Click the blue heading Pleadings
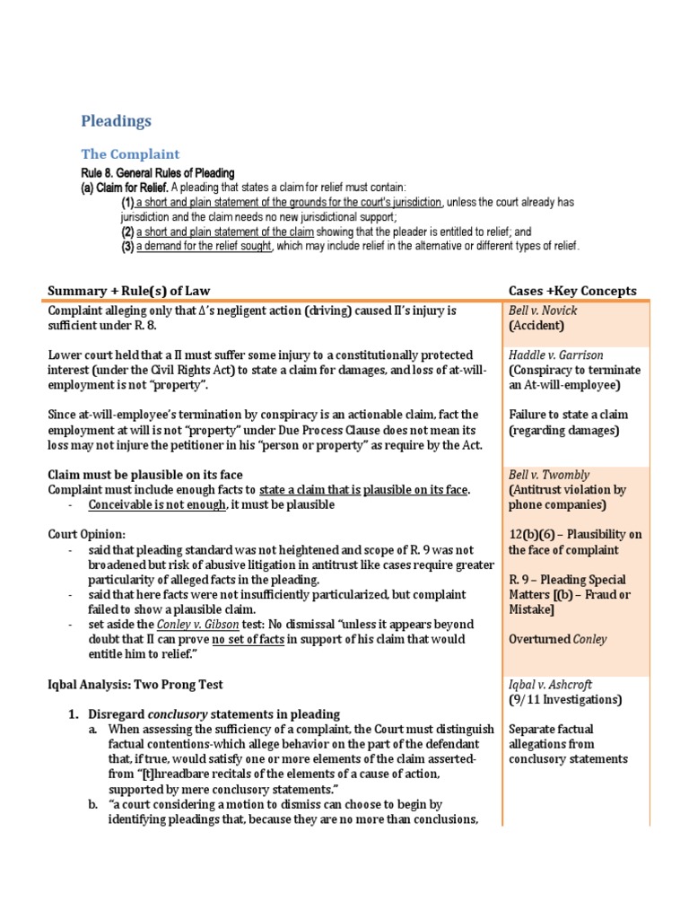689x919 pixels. pyautogui.click(x=117, y=121)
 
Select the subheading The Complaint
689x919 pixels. pyautogui.click(x=130, y=154)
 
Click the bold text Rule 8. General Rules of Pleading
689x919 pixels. pyautogui.click(x=158, y=173)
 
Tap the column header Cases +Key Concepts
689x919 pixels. pyautogui.click(x=572, y=291)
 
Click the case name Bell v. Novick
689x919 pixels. pyautogui.click(x=539, y=311)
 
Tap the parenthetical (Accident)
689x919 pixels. pyautogui.click(x=536, y=326)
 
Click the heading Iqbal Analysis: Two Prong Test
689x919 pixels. pyautogui.click(x=143, y=684)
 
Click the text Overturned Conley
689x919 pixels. pyautogui.click(x=557, y=639)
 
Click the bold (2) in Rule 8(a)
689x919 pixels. pyautogui.click(x=127, y=232)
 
